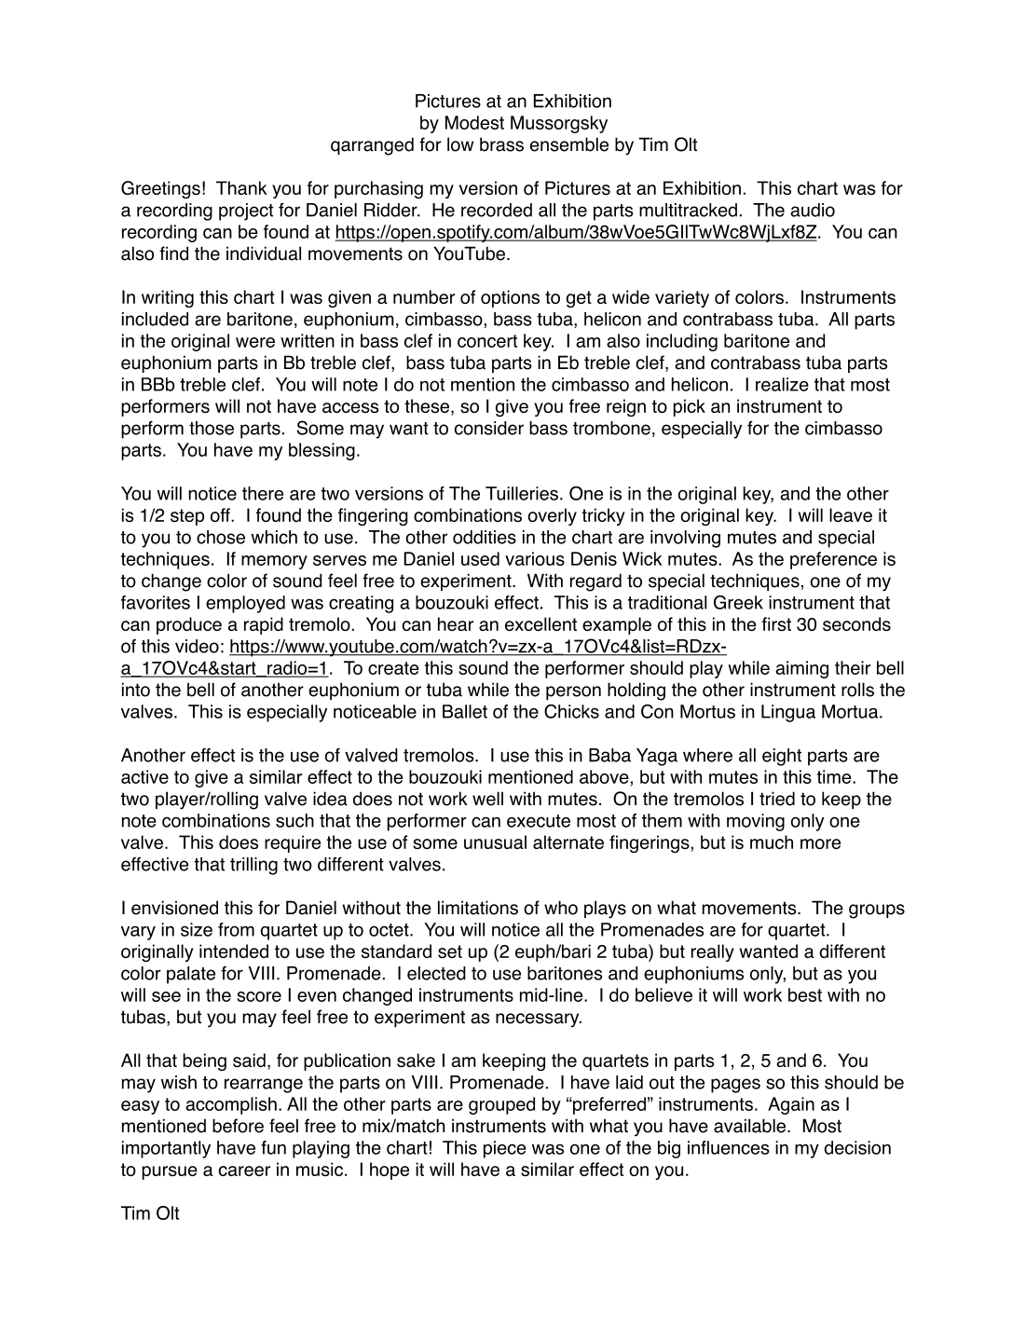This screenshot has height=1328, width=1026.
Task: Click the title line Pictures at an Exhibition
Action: [513, 102]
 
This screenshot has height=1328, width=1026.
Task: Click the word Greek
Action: [728, 603]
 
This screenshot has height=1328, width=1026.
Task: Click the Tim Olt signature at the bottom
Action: [150, 1213]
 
